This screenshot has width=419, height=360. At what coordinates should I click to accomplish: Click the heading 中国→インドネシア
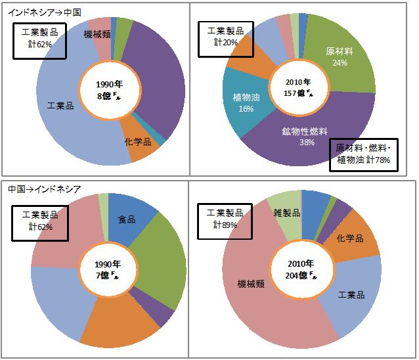[45, 189]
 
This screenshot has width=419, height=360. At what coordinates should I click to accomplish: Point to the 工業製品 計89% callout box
[225, 219]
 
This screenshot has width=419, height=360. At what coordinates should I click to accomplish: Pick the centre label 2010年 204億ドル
[301, 268]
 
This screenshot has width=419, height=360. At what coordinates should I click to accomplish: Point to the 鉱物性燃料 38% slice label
[306, 136]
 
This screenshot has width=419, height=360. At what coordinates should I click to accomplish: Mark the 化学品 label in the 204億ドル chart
[349, 238]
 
